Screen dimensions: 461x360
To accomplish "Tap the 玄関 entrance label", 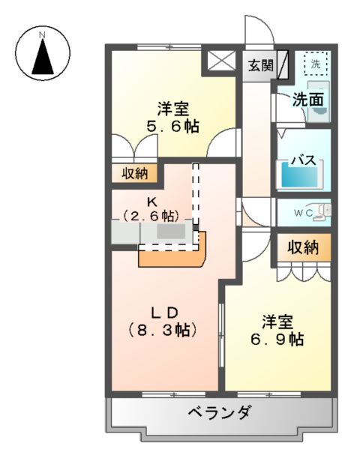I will point(261,64).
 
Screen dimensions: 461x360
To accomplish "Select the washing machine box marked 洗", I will point(315,64).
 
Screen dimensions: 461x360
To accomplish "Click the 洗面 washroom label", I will point(307,98).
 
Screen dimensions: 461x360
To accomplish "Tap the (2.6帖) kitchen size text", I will point(152,216).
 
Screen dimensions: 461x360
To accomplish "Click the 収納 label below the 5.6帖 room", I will point(136,174).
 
